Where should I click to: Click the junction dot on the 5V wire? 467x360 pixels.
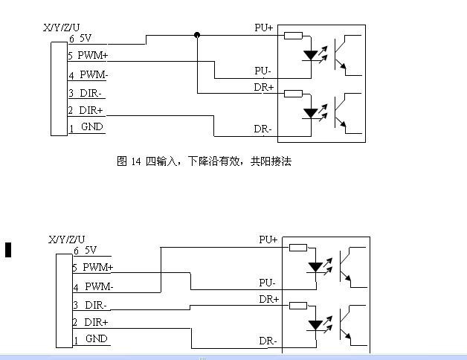pos(197,34)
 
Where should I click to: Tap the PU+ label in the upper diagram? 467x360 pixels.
pos(263,28)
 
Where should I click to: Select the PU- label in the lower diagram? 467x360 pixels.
pos(267,283)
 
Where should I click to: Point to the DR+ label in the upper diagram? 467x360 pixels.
pos(263,87)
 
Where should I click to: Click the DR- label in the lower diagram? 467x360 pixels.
pos(268,341)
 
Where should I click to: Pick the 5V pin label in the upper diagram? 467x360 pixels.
pos(87,37)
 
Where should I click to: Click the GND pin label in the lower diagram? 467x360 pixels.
pos(96,338)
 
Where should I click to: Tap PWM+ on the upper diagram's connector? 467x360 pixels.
pos(93,55)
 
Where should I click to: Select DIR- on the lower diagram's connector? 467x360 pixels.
pos(94,305)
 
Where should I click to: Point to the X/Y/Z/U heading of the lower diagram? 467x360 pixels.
pos(65,239)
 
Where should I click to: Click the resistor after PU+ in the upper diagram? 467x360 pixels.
pos(293,35)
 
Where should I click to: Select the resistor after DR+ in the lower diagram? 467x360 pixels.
pos(298,305)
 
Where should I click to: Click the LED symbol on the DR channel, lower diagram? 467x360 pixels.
pos(316,325)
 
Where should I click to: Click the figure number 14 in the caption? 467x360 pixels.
pos(136,161)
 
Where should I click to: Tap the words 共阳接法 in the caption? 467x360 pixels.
pos(271,161)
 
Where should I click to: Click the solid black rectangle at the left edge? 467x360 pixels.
pos(8,249)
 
